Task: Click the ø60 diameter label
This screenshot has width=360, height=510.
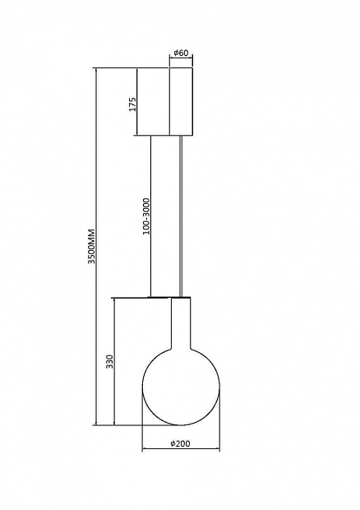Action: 181,53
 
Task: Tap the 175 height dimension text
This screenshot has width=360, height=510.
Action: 133,104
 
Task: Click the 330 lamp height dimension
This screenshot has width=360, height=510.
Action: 110,361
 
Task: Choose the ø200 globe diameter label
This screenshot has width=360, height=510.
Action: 180,443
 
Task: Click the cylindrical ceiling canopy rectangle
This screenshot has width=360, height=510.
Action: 181,101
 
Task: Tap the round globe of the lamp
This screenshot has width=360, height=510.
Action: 181,386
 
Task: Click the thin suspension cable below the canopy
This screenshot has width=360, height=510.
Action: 181,216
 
